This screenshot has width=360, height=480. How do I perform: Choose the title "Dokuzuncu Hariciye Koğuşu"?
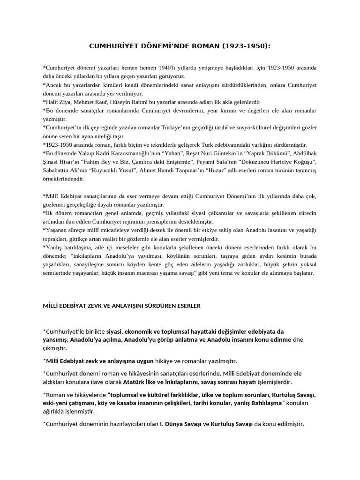click(277, 162)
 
